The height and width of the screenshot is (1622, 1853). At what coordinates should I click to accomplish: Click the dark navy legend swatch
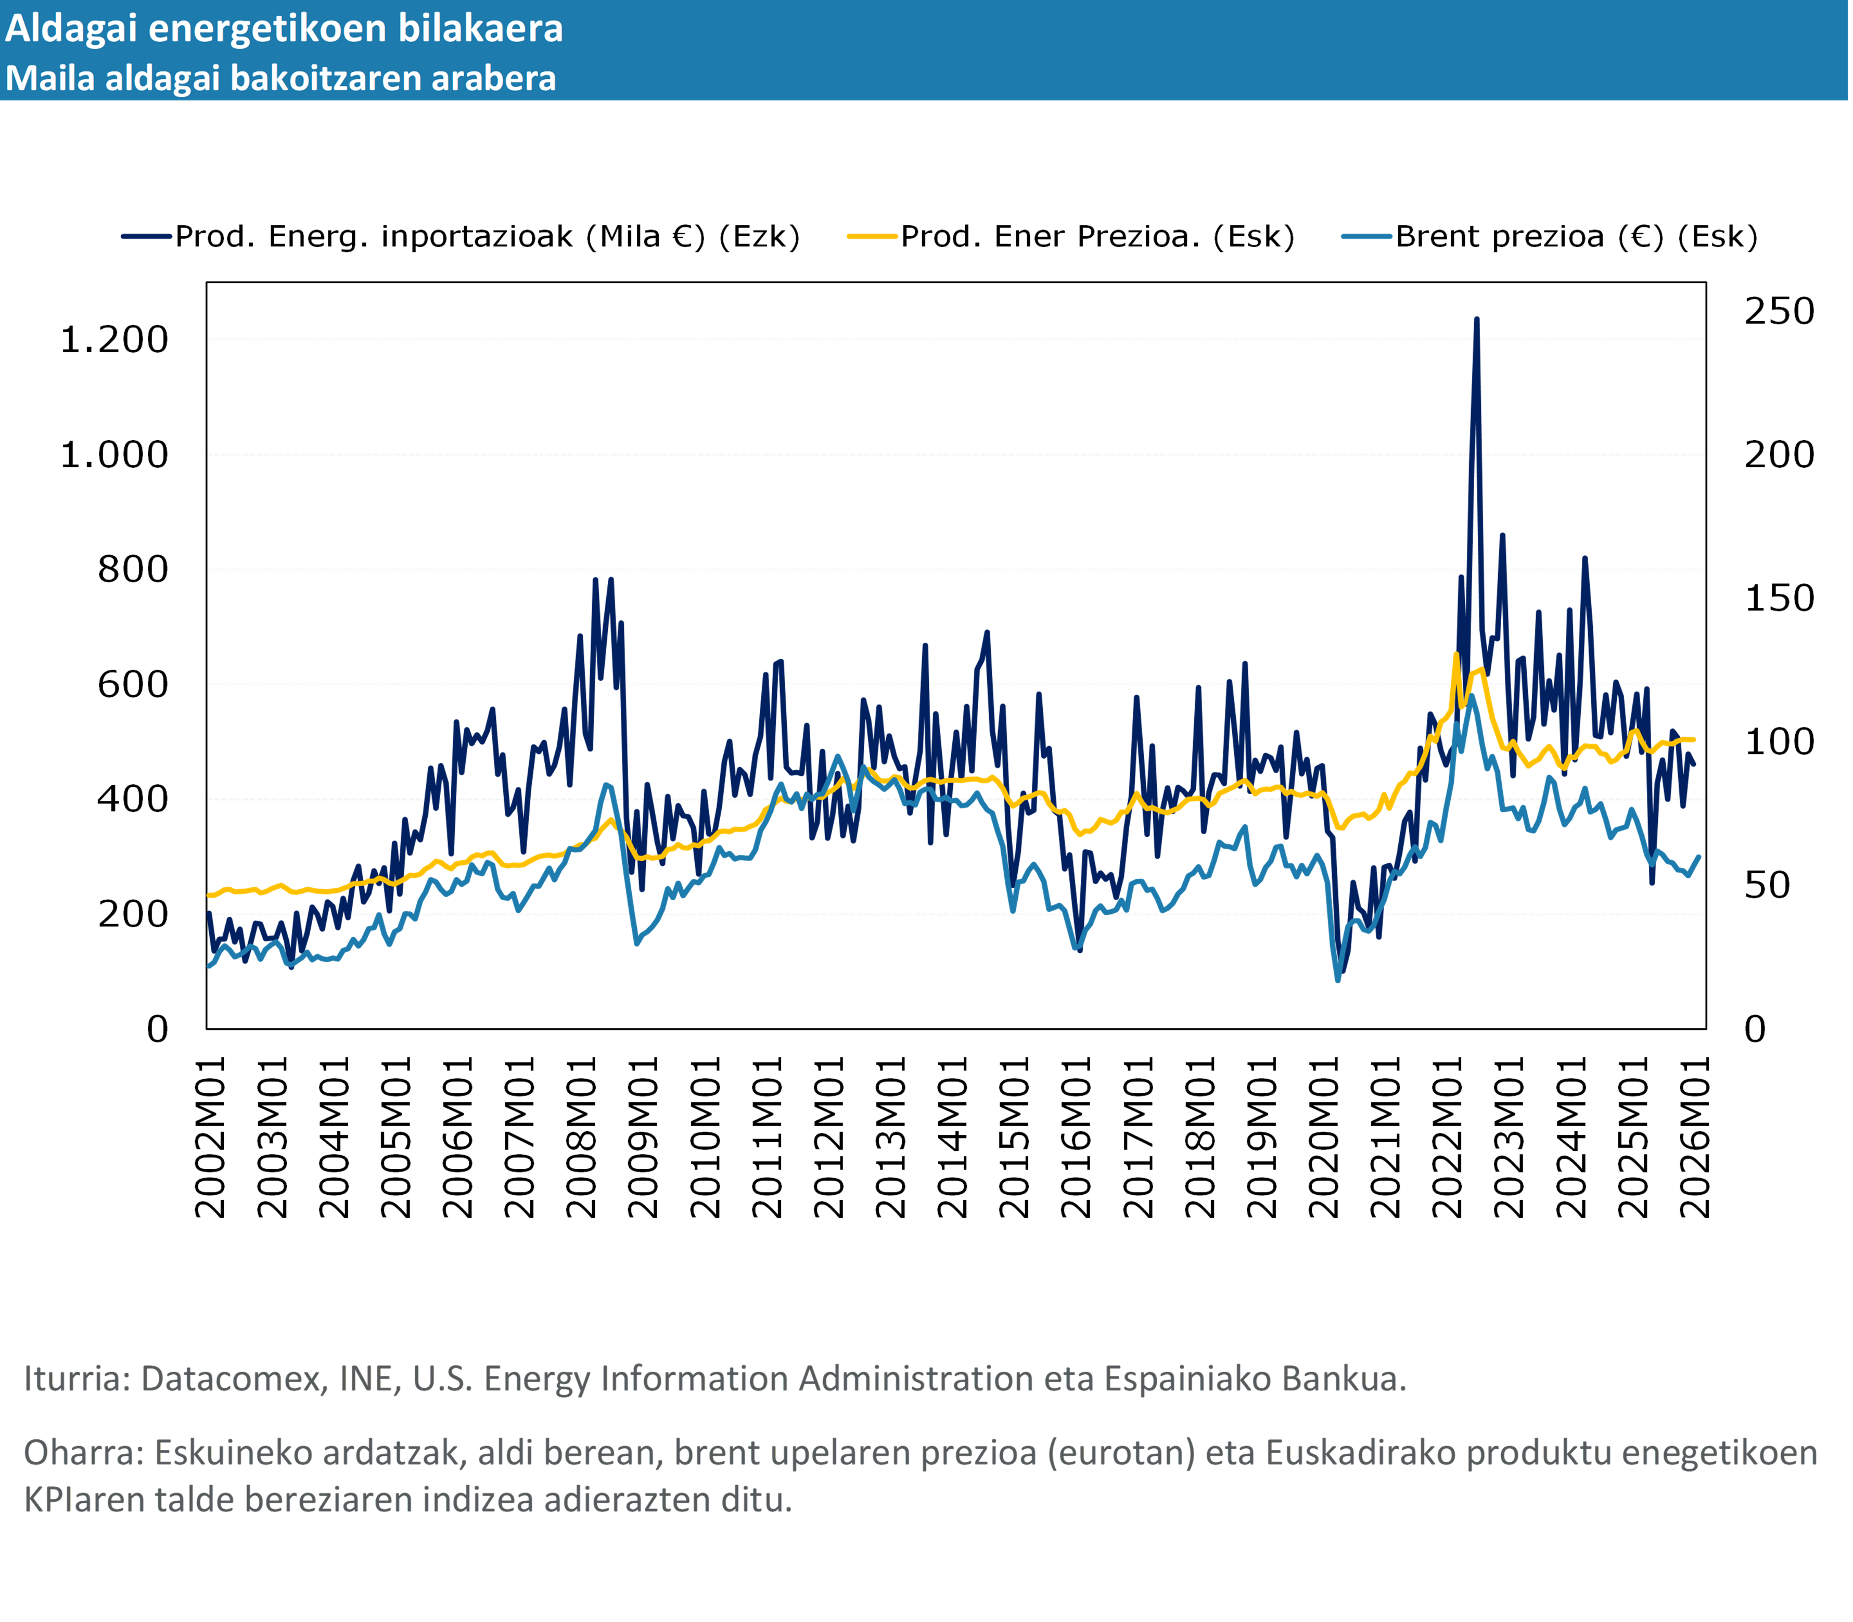147,236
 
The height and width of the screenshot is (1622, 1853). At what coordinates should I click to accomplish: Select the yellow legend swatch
872,236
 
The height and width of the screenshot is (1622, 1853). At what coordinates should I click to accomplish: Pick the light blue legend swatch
1366,236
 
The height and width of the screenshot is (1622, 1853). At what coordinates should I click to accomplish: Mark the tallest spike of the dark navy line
1476,320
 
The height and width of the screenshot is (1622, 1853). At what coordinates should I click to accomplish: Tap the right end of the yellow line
1693,740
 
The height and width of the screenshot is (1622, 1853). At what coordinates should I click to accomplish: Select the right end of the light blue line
1698,856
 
